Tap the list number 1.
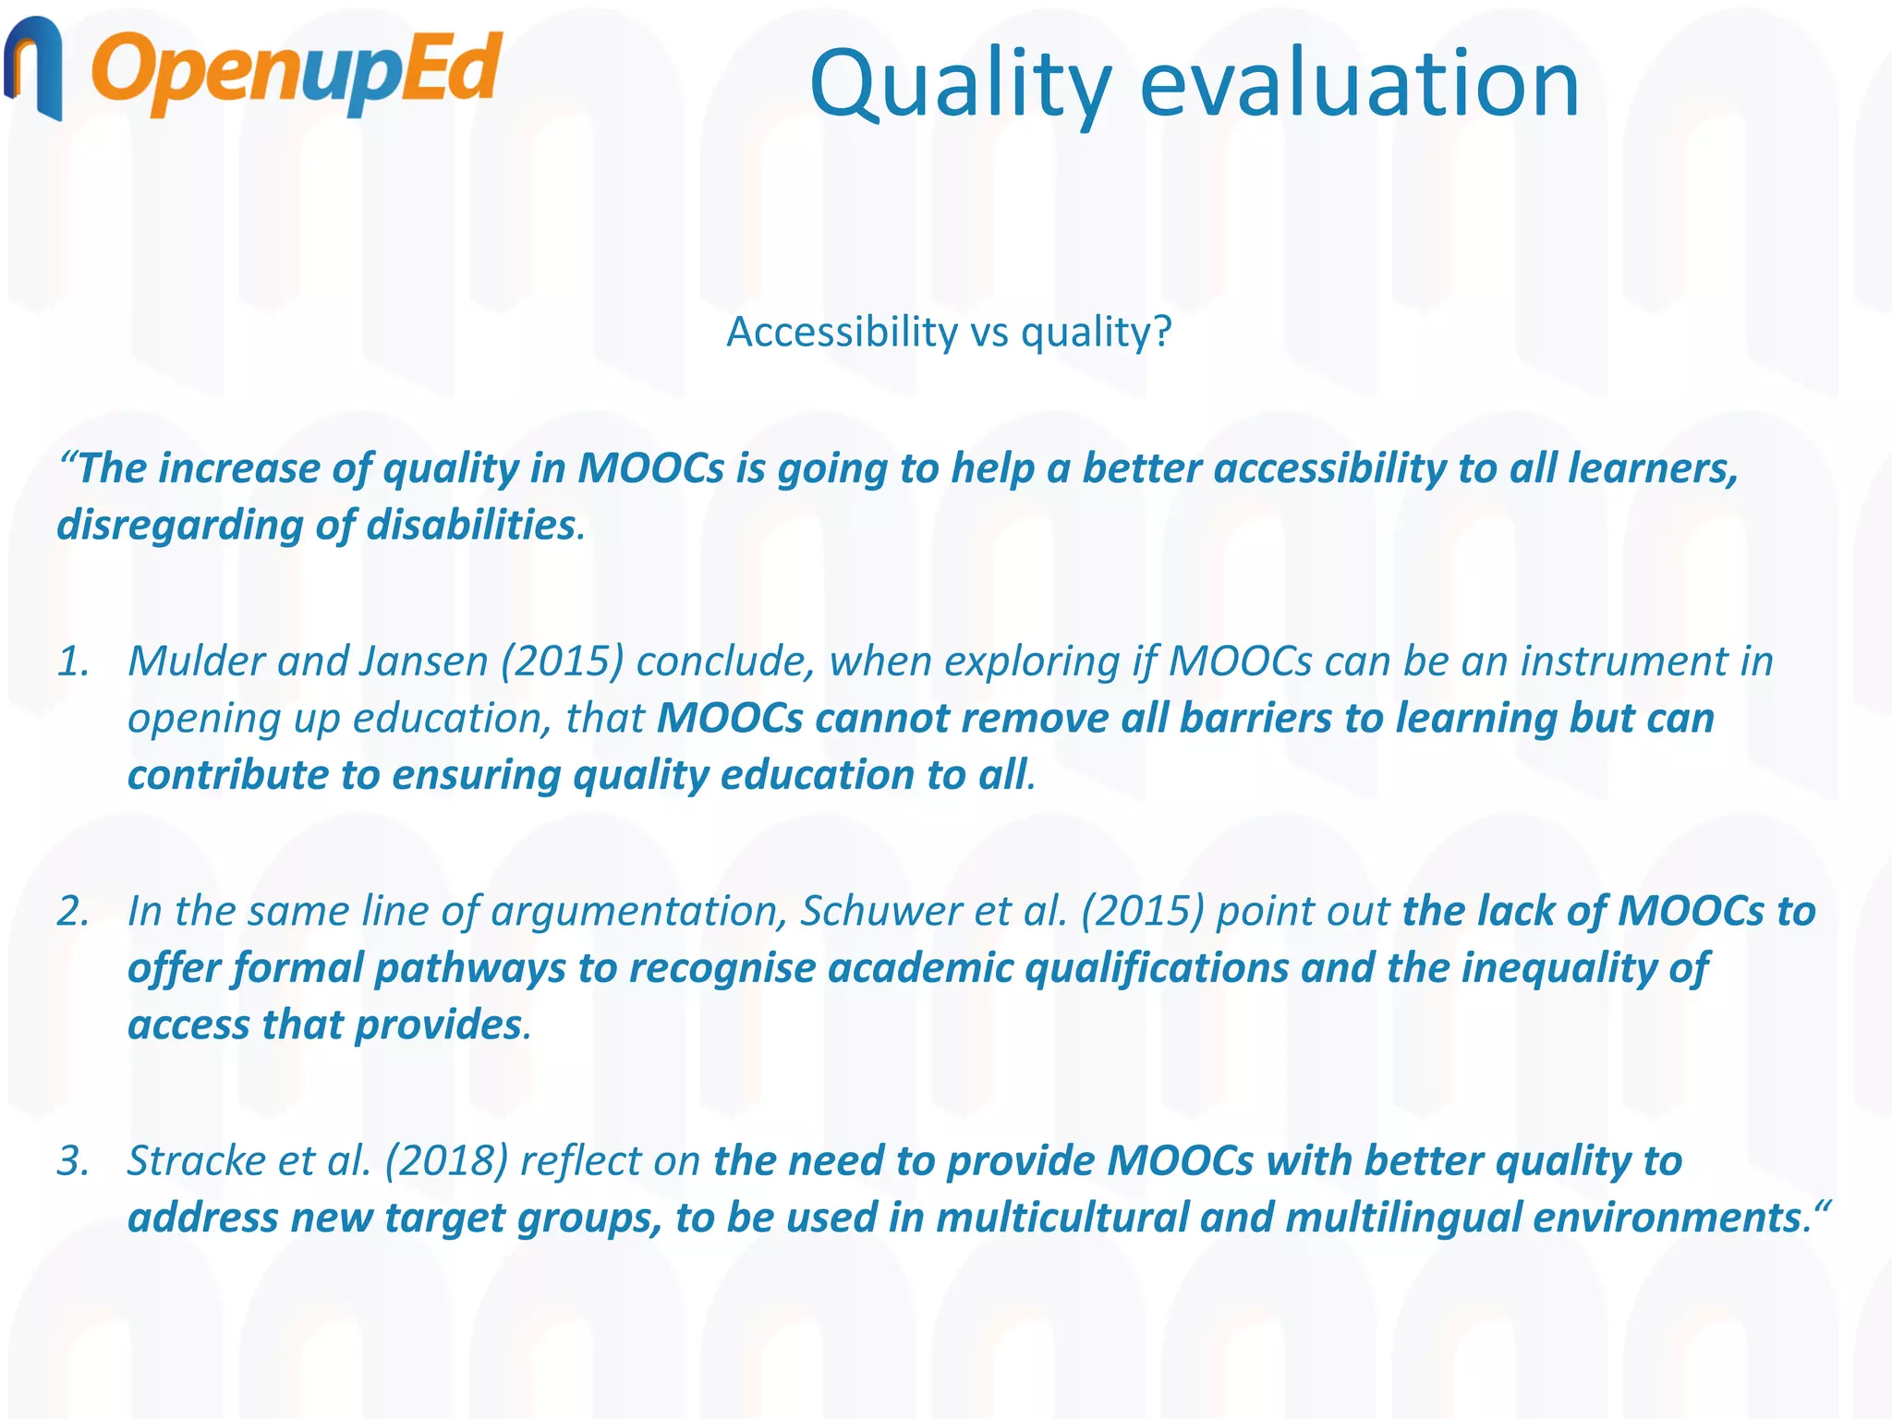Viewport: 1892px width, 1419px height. coord(73,661)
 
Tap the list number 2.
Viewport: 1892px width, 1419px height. coord(73,911)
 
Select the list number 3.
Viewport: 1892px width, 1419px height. coord(73,1161)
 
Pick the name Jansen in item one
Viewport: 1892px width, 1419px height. coord(424,661)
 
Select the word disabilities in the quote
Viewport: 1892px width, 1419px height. coord(471,526)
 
